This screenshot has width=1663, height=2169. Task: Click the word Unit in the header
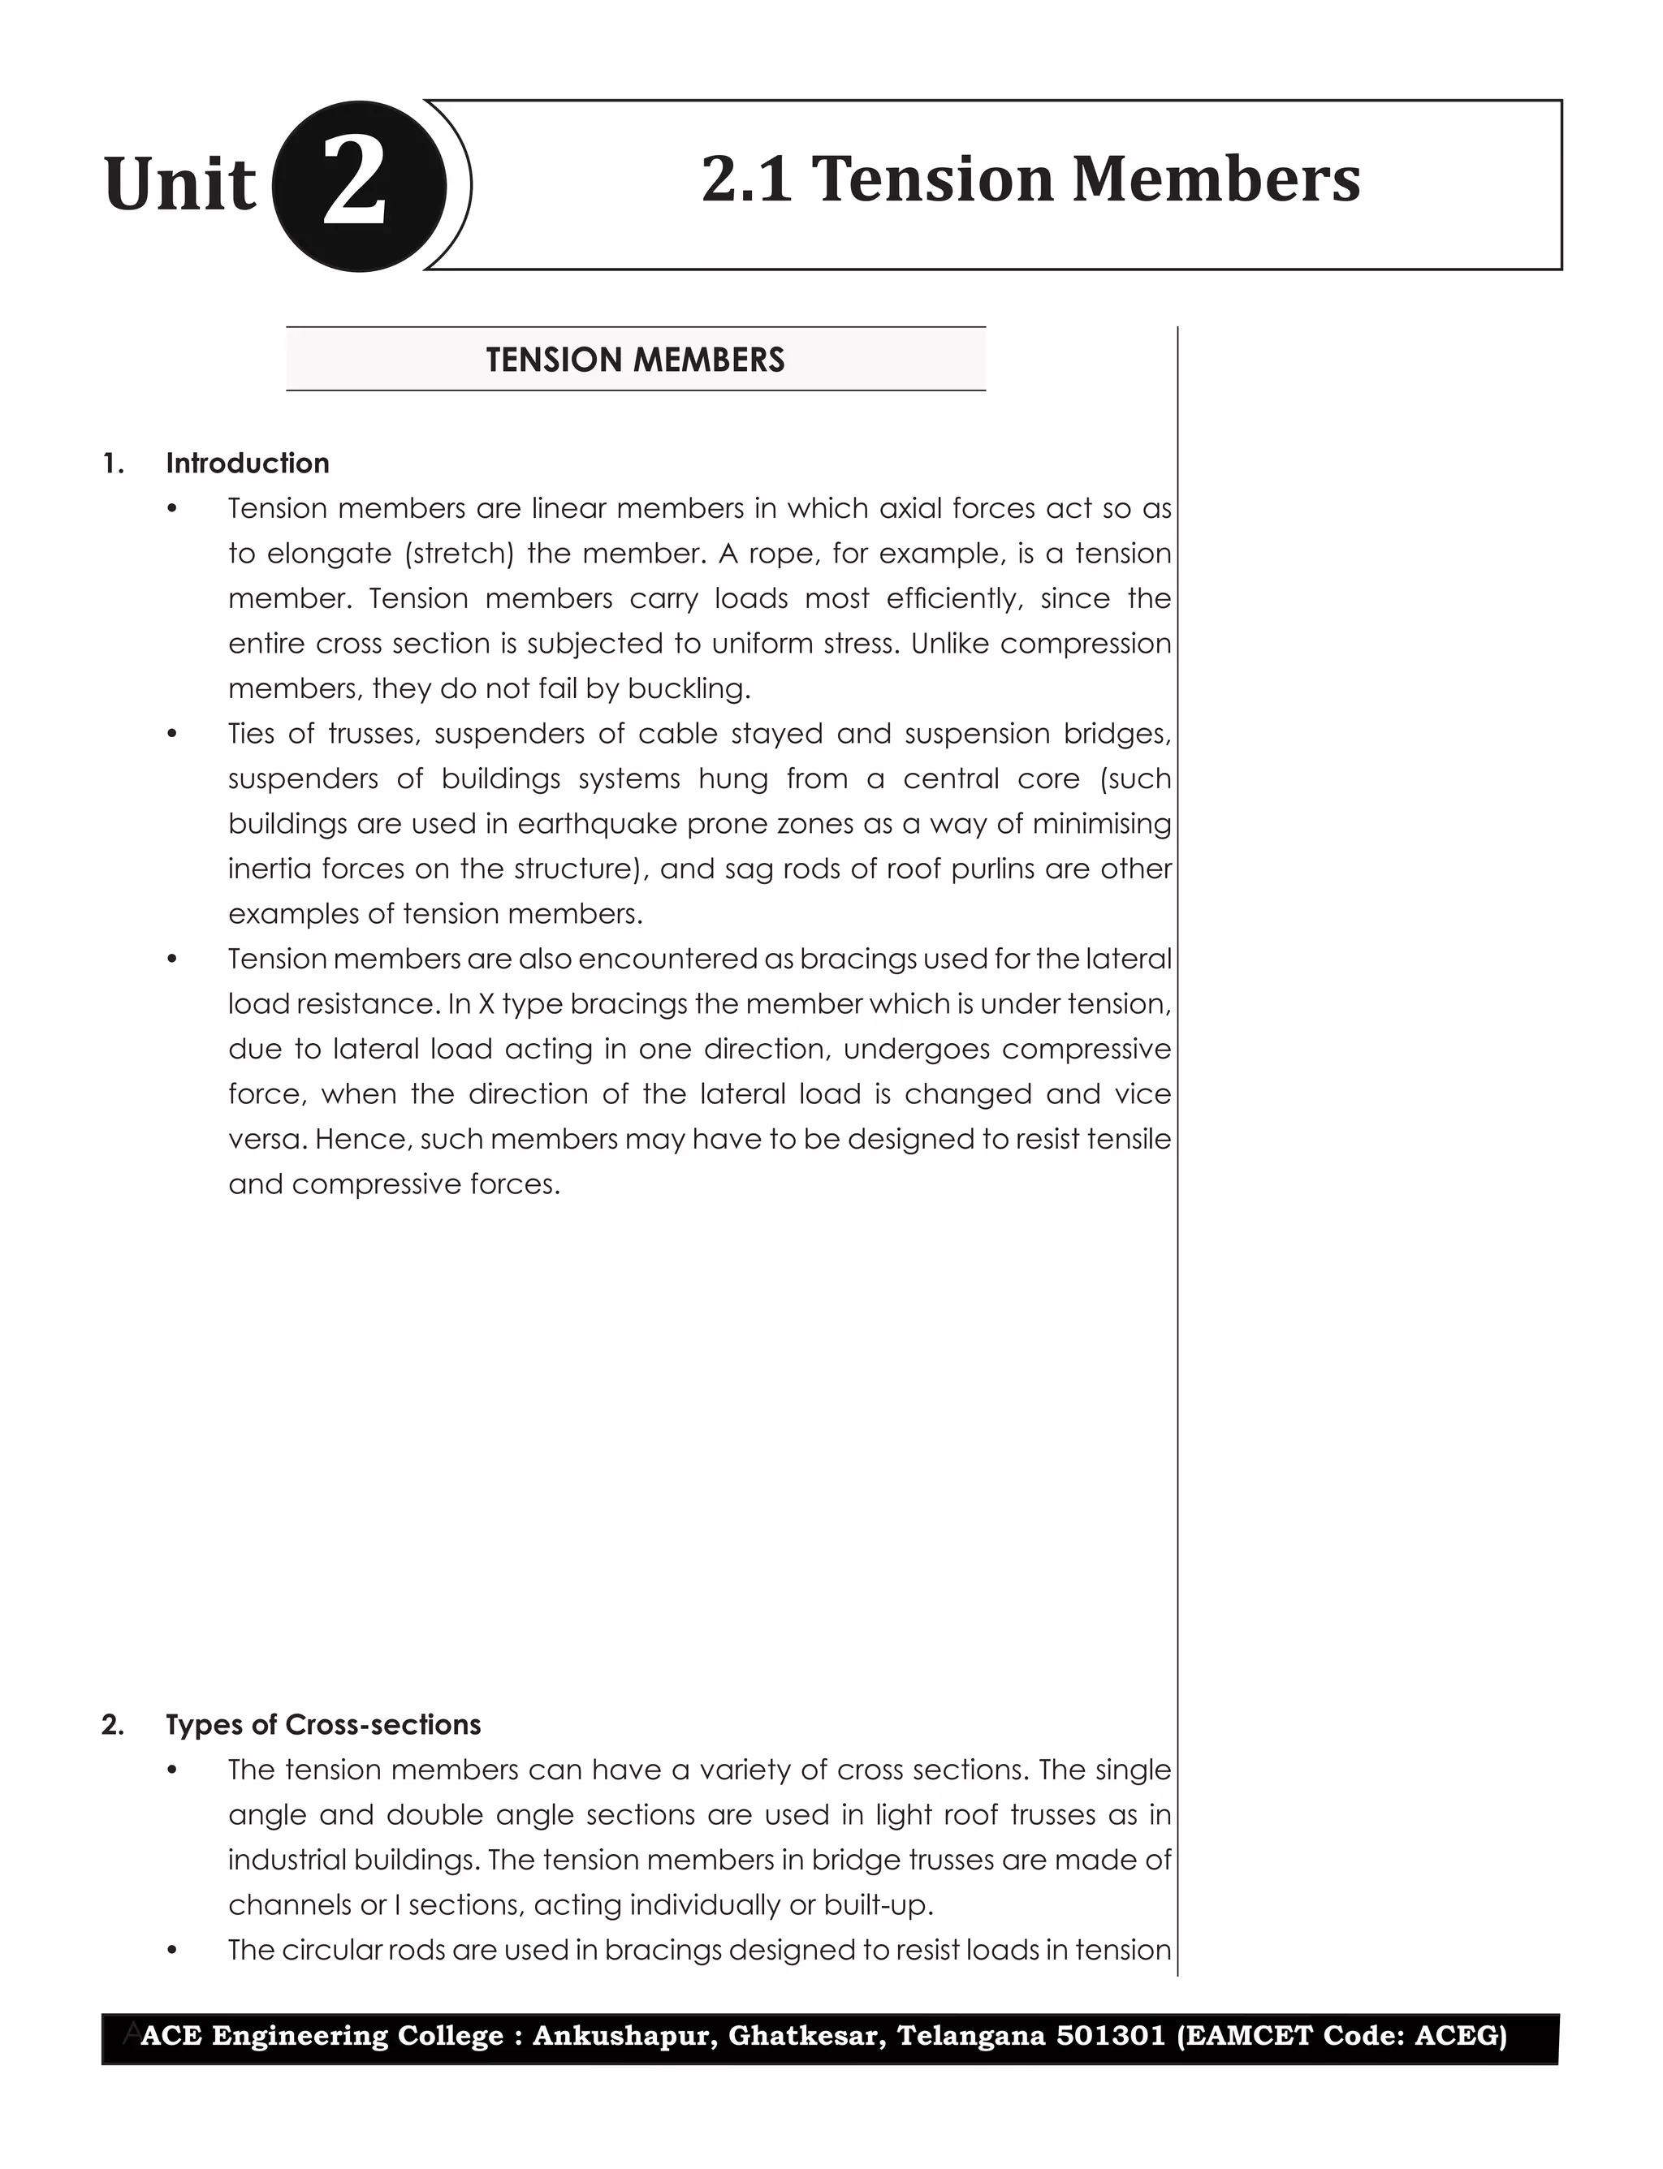(x=179, y=185)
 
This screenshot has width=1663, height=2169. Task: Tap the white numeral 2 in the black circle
(x=354, y=185)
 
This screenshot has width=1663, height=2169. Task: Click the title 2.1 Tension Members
(x=1030, y=180)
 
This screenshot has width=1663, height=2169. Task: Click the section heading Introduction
(x=248, y=463)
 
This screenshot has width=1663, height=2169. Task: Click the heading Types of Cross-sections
(x=322, y=1725)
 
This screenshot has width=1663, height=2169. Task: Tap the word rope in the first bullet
(x=782, y=553)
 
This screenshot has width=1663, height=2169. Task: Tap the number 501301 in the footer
(x=1111, y=2035)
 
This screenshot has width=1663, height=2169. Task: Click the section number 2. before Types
(x=113, y=1725)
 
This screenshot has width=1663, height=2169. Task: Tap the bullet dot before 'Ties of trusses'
(x=172, y=734)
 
